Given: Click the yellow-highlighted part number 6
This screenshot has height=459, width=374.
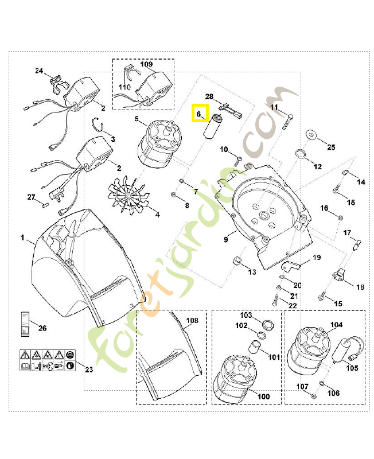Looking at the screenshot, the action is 198,114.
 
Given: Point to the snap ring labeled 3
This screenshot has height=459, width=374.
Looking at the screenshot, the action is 98,125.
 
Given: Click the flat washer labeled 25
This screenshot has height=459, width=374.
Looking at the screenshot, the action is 311,135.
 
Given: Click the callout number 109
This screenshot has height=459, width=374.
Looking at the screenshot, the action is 146,64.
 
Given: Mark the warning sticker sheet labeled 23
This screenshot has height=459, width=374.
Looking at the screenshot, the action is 48,360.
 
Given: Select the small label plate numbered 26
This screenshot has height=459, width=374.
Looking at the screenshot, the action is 25,324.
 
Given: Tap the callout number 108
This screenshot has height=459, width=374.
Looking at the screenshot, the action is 192,321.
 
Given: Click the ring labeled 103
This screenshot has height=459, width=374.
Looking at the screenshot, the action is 267,325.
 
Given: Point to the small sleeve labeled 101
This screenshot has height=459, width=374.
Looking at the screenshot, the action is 254,347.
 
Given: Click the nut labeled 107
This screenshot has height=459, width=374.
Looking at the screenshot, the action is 313,396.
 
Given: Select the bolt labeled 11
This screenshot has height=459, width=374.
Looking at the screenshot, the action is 287,121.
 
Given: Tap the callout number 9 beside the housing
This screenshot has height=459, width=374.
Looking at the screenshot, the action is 225,239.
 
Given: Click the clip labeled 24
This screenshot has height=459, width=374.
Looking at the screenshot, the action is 59,84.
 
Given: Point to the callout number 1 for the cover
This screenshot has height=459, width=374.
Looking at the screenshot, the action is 22,238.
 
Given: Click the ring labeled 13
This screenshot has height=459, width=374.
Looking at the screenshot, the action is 237,260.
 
